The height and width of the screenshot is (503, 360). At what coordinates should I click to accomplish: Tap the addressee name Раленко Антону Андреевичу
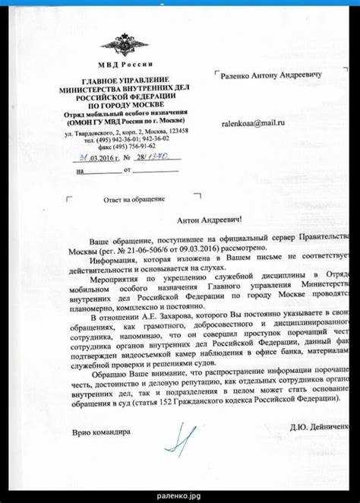coord(271,76)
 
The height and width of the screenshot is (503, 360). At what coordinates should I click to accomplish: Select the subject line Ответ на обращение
coord(134,199)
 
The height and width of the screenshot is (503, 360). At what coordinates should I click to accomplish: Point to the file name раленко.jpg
coord(179,495)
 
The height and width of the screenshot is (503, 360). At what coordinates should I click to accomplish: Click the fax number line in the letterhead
coord(126,147)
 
